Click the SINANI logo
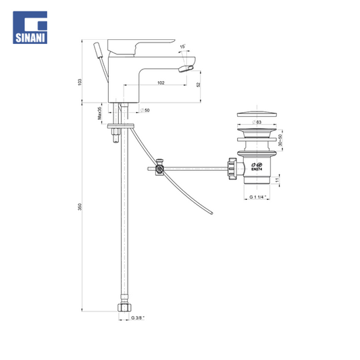pyautogui.click(x=30, y=27)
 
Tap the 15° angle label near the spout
pyautogui.click(x=182, y=47)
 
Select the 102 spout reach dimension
pyautogui.click(x=161, y=82)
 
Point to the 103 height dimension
pyautogui.click(x=80, y=82)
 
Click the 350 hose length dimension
pyautogui.click(x=80, y=207)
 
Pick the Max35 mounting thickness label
pyautogui.click(x=100, y=113)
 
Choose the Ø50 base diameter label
pyautogui.click(x=145, y=110)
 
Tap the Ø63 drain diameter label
pyautogui.click(x=257, y=122)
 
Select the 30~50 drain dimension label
pyautogui.click(x=280, y=140)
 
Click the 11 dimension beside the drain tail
pyautogui.click(x=277, y=180)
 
